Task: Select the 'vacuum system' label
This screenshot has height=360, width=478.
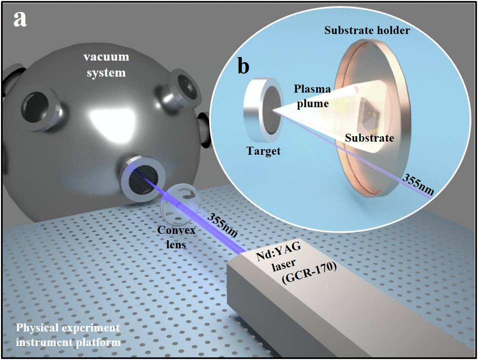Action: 106,65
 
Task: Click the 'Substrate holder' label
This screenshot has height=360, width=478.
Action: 367,31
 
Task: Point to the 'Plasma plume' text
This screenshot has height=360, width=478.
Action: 312,97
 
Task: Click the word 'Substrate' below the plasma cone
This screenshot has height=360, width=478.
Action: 369,138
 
